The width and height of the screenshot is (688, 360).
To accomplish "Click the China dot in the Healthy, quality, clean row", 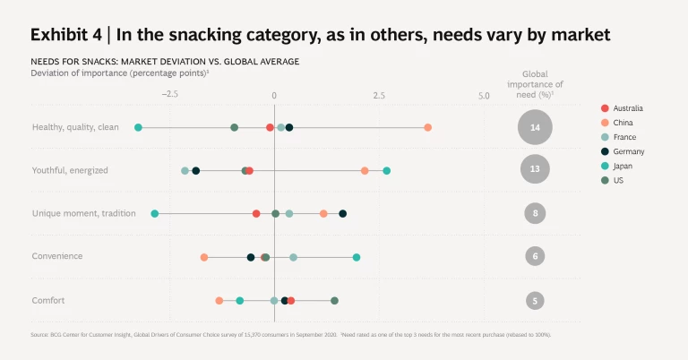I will [427, 127].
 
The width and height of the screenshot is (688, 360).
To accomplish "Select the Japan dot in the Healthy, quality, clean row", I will [138, 127].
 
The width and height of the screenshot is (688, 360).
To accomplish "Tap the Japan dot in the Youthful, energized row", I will [386, 170].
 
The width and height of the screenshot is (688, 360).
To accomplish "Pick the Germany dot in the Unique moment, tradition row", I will [342, 213].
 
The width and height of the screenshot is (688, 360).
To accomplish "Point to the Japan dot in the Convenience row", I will [357, 257].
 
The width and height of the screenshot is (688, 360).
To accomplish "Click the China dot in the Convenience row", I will [204, 257].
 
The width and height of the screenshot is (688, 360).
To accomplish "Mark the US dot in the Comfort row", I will [334, 300].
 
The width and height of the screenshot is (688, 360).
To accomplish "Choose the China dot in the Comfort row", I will [219, 300].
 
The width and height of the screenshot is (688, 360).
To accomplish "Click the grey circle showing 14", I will [535, 128].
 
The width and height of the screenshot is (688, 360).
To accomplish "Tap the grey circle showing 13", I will [535, 168].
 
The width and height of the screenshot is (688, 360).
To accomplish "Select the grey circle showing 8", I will [535, 213].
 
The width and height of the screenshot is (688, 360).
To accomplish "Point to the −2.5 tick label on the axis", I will [168, 94].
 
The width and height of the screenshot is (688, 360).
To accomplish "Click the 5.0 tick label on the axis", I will [484, 94].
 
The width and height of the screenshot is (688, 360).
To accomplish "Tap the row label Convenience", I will [57, 256].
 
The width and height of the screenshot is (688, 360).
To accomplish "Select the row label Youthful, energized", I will [71, 170].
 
